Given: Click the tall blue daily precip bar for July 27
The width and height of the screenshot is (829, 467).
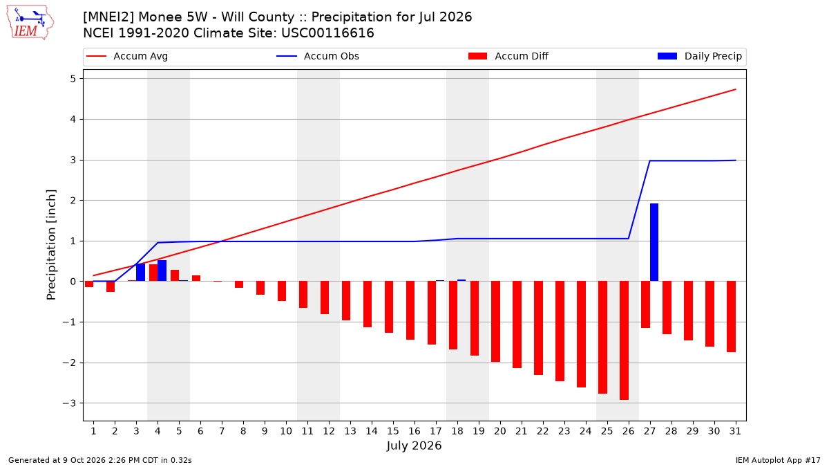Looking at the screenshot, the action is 654,242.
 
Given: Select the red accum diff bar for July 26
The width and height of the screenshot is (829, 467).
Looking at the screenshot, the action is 624,340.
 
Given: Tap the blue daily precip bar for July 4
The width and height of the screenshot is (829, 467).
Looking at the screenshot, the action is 162,271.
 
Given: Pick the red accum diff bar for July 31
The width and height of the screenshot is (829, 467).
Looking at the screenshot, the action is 731,317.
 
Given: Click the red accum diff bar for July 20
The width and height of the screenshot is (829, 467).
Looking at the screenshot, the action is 495,321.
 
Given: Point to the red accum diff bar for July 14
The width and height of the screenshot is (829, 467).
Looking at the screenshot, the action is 368,304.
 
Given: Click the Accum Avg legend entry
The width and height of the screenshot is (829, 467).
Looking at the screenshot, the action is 127,56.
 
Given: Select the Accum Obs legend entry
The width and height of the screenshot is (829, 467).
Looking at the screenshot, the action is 318,56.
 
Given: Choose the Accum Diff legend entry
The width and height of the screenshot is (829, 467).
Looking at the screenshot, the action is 508,56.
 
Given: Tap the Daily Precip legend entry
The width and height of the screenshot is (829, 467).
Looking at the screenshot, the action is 699,56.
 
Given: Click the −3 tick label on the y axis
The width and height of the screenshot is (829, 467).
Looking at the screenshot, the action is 69,403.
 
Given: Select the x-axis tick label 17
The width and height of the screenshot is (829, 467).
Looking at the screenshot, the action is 436,431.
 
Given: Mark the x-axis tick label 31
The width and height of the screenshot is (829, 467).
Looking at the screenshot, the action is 735,431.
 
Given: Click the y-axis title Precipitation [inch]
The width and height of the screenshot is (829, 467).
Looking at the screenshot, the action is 51,245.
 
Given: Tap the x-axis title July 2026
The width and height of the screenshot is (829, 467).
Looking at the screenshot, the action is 414,446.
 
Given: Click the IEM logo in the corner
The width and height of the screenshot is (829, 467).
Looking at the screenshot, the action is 30,23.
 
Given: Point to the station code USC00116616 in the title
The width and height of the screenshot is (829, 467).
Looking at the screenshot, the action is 328,33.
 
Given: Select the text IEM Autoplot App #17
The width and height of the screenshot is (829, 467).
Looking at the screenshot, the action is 778,460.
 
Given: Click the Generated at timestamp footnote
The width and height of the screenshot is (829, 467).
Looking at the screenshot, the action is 100,460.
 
